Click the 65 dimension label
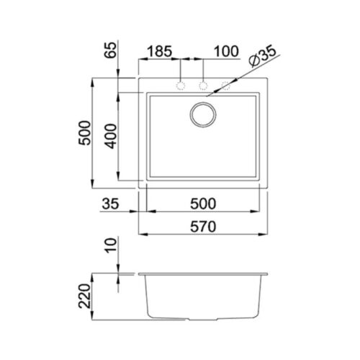110,50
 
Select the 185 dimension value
160,51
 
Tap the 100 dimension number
226,51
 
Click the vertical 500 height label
85,132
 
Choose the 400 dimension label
111,136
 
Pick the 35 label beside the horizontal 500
110,204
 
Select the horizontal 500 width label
203,204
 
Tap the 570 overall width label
203,227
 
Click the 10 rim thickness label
111,245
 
